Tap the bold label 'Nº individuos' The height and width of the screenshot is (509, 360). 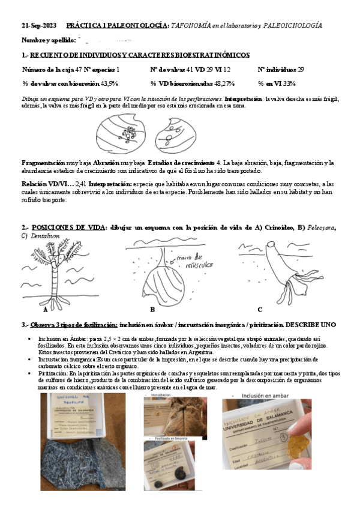pyautogui.click(x=278, y=70)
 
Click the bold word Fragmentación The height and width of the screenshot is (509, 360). pyautogui.click(x=43, y=163)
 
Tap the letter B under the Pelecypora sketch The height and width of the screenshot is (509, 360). pyautogui.click(x=152, y=310)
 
